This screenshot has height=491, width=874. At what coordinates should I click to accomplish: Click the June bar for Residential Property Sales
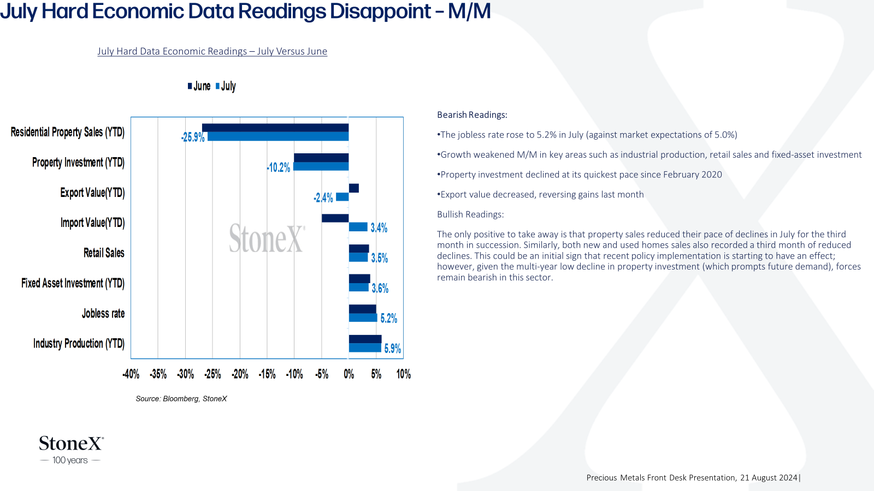[275, 128]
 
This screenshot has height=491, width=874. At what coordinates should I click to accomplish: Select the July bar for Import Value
[358, 227]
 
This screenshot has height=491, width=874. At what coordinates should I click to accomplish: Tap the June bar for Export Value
[354, 188]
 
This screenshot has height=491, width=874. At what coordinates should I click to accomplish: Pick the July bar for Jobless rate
[363, 318]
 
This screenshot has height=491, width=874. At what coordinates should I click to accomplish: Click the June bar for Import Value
[335, 218]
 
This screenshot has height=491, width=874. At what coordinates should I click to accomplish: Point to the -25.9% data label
[193, 137]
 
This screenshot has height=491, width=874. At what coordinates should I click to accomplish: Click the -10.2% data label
[279, 167]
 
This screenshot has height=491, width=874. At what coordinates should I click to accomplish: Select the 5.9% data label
[393, 349]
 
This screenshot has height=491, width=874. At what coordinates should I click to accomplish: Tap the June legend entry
[199, 86]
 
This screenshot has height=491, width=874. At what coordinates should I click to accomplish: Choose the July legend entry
[226, 86]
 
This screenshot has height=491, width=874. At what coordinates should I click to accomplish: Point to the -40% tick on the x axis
[131, 374]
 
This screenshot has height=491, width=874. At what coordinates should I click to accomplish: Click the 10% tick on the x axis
[404, 374]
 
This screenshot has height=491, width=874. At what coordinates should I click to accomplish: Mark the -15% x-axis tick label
[267, 374]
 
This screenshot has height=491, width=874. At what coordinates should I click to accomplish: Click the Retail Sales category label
[104, 253]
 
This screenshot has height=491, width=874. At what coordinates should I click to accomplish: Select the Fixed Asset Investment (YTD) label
[73, 283]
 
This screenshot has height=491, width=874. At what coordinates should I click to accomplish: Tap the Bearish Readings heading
[472, 115]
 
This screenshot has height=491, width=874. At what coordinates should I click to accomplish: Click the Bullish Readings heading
[470, 214]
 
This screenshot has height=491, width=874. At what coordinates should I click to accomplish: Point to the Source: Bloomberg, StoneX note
[181, 399]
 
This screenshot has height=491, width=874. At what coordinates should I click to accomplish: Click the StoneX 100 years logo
[71, 450]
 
